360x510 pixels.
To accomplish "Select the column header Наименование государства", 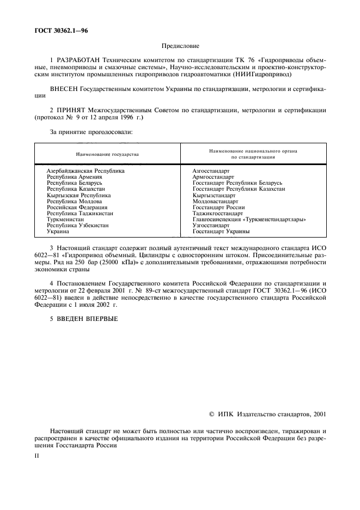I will click(107, 155).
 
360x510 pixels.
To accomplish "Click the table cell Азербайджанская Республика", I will click(86, 171).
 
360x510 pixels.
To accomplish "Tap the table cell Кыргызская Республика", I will click(79, 195).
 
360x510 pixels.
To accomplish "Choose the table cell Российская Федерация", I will click(77, 208).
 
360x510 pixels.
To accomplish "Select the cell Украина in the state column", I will click(58, 232).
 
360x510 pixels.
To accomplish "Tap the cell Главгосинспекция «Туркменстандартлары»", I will click(249, 220).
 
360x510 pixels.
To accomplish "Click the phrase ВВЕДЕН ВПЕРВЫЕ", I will click(86, 319).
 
